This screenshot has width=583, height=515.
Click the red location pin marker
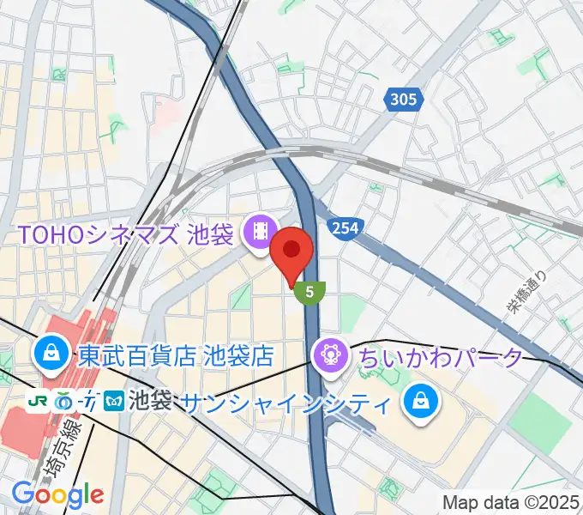point(291,251)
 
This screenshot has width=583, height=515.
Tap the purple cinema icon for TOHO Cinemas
point(257,230)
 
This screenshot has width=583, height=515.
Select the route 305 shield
point(402,100)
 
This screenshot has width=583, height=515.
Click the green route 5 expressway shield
point(310,292)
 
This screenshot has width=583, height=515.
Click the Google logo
point(57,494)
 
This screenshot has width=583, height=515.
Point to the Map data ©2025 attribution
point(511,501)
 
